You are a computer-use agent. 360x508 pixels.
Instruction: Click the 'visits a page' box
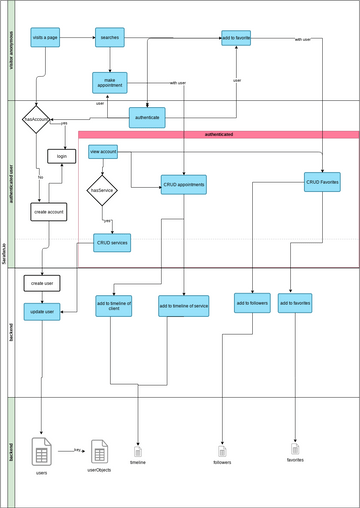coord(45,38)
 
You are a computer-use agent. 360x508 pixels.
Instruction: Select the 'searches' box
coord(110,38)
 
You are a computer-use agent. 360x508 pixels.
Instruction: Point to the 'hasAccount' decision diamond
coord(37,119)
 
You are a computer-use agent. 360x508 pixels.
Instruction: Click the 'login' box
coord(62,157)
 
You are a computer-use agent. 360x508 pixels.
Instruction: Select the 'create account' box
coord(48,212)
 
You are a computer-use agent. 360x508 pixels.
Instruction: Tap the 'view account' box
coord(103,152)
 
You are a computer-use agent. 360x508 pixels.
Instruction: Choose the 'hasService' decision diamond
coord(103,189)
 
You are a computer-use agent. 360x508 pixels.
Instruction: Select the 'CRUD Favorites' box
coord(322,181)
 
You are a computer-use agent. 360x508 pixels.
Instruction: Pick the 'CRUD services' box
coord(112,242)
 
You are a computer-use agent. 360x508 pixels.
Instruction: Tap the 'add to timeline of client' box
coord(114,306)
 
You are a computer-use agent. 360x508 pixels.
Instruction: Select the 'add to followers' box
coord(252,303)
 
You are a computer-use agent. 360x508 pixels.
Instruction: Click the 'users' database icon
coord(42,451)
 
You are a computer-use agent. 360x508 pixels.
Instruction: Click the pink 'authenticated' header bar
coord(218,133)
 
